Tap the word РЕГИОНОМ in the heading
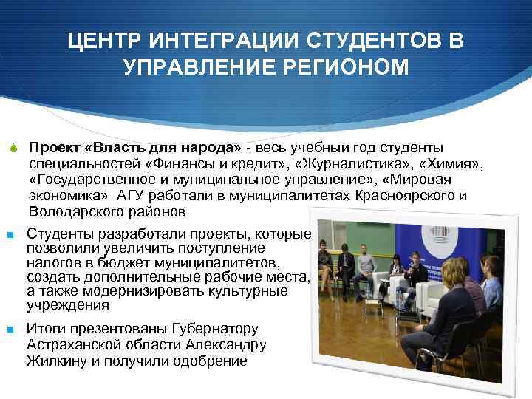pos(347,67)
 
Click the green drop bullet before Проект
pos(13,148)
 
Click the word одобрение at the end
pos(208,361)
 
